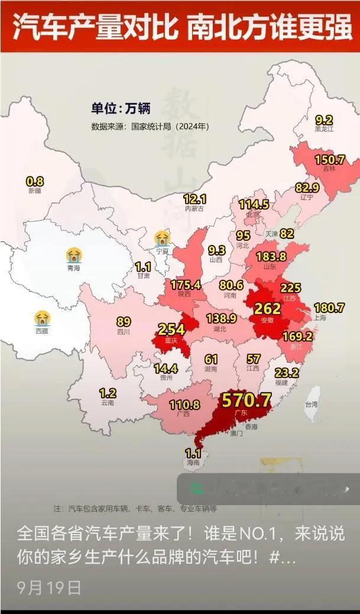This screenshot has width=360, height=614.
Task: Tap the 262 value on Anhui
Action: (267, 308)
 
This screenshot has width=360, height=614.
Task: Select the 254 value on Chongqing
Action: (171, 329)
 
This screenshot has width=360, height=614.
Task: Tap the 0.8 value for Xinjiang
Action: (35, 182)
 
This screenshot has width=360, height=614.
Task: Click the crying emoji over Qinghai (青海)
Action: (74, 256)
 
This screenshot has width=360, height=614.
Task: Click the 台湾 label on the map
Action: (311, 405)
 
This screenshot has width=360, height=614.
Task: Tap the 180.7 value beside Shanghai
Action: (329, 308)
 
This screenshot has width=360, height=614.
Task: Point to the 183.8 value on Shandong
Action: (271, 256)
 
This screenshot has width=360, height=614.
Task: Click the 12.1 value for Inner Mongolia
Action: (194, 199)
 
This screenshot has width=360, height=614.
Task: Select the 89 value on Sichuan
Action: (124, 322)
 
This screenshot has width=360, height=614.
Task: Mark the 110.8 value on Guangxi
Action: (184, 405)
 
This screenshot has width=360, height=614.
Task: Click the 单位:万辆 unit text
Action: (121, 108)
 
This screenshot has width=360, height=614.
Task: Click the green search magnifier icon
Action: (197, 489)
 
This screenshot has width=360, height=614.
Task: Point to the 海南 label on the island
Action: (193, 463)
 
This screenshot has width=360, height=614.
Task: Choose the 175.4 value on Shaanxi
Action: (186, 285)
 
